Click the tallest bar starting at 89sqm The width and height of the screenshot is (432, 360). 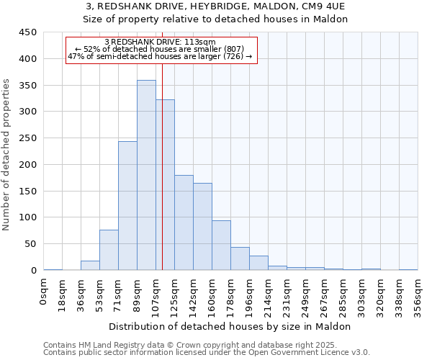pyautogui.click(x=146, y=175)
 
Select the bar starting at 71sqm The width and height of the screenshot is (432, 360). pyautogui.click(x=127, y=205)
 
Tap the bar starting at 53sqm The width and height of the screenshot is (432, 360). pyautogui.click(x=109, y=250)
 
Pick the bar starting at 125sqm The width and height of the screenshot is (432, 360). pyautogui.click(x=184, y=222)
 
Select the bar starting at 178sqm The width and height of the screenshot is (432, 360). pyautogui.click(x=240, y=258)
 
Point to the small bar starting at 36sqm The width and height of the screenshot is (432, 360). pyautogui.click(x=90, y=265)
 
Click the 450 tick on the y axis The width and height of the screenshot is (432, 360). pyautogui.click(x=27, y=32)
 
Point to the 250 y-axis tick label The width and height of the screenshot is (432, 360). pyautogui.click(x=27, y=138)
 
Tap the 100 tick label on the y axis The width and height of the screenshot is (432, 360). pyautogui.click(x=27, y=217)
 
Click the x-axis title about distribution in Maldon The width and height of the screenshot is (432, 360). pyautogui.click(x=230, y=326)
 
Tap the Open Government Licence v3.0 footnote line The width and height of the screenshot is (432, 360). pyautogui.click(x=206, y=352)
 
